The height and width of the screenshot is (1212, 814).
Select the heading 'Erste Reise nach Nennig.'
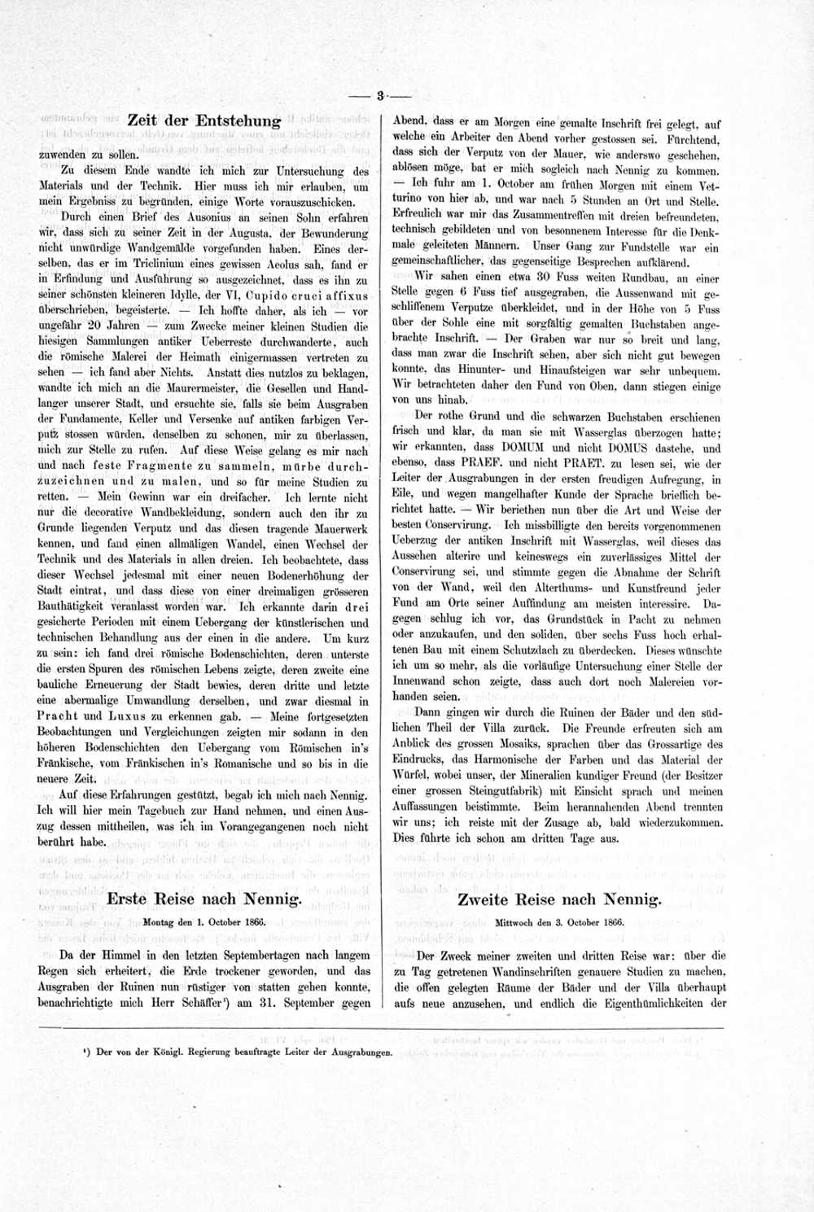[x=204, y=899]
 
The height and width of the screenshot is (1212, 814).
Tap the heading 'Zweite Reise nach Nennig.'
[x=559, y=899]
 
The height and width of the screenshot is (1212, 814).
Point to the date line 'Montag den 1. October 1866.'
[x=205, y=923]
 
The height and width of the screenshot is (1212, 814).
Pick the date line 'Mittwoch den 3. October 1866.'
[x=559, y=923]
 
